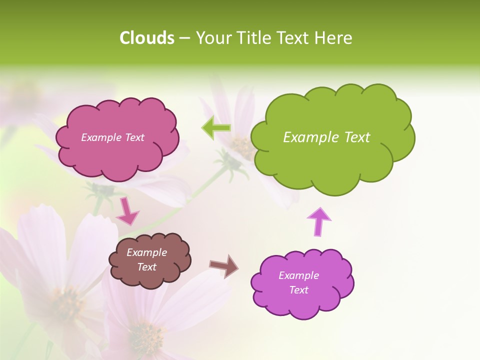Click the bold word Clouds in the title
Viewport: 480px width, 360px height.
(147, 38)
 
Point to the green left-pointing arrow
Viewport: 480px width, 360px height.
(216, 128)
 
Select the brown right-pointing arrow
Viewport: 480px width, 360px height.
(223, 265)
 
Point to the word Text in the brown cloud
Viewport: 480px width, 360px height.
(146, 267)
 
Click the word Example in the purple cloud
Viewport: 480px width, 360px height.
(298, 275)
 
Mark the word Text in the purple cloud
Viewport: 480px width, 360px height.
(298, 290)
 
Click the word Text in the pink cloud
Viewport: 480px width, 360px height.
(134, 137)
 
